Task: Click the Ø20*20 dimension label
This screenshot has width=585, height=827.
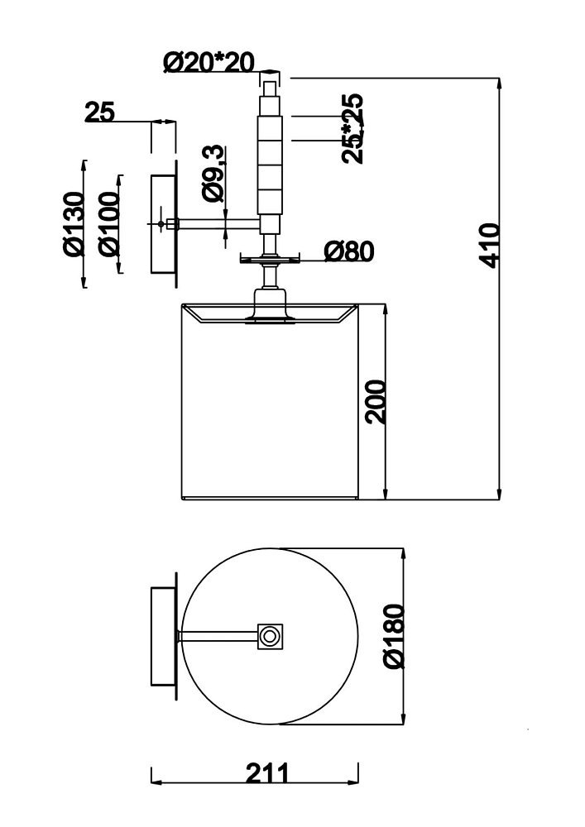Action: point(209,62)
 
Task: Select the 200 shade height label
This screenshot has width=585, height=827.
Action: point(376,401)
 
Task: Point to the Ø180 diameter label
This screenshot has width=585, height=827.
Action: point(394,637)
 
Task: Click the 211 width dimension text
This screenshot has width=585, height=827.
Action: point(267,774)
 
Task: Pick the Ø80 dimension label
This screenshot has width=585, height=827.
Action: point(349,251)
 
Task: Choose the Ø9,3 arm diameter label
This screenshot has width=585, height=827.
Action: point(213,174)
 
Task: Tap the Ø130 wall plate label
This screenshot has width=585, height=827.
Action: point(74,224)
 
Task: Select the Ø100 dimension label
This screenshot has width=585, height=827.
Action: point(110,224)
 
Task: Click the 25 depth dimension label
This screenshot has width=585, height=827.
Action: point(99,112)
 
